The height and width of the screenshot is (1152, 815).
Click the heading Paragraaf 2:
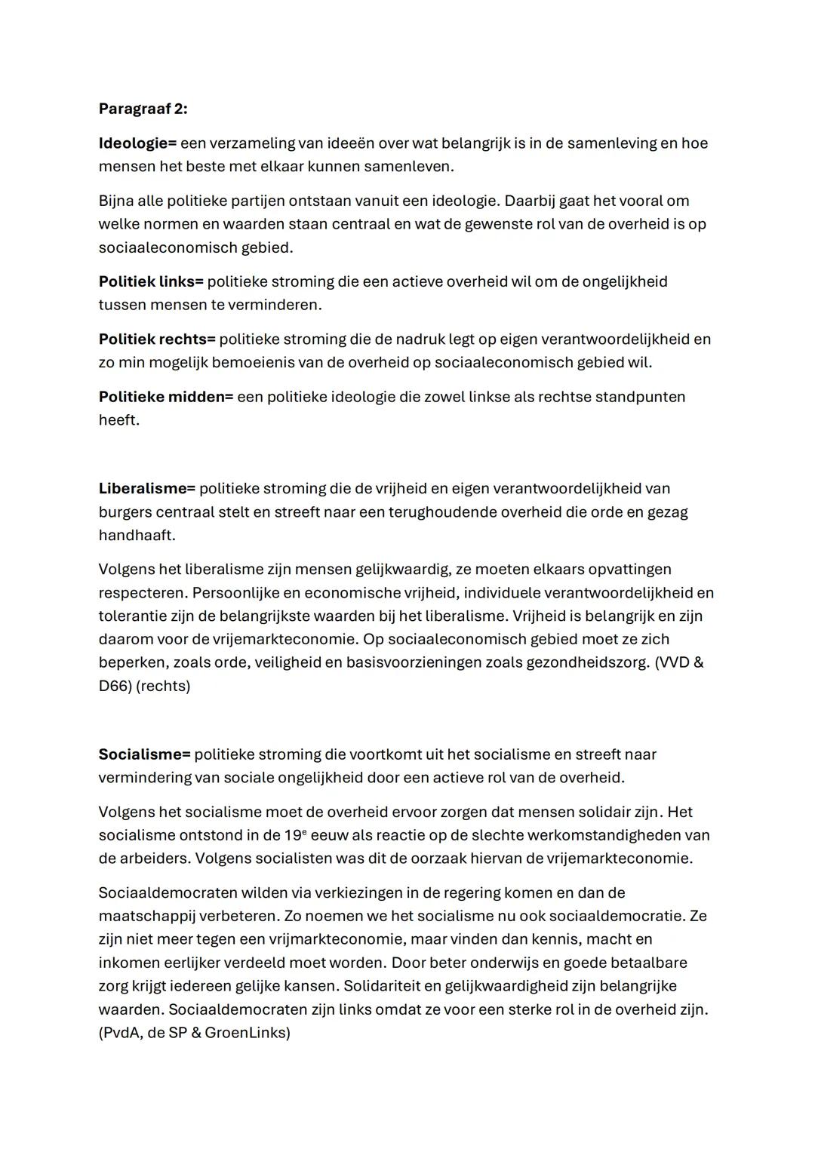pyautogui.click(x=143, y=109)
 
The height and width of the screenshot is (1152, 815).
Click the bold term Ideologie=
pyautogui.click(x=137, y=143)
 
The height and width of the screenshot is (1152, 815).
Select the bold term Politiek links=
pyautogui.click(x=151, y=281)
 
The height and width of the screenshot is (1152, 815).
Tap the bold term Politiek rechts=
pyautogui.click(x=157, y=339)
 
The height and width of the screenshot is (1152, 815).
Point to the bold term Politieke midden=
pyautogui.click(x=166, y=397)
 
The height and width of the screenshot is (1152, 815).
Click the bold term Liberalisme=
pyautogui.click(x=146, y=489)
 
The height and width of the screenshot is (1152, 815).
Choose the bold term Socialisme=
pyautogui.click(x=145, y=754)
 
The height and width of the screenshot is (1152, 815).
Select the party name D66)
pyautogui.click(x=115, y=687)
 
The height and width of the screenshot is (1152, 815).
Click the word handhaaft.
pyautogui.click(x=137, y=536)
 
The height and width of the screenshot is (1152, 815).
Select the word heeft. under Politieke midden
pyautogui.click(x=118, y=420)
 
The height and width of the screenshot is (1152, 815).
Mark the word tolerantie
pyautogui.click(x=132, y=616)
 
